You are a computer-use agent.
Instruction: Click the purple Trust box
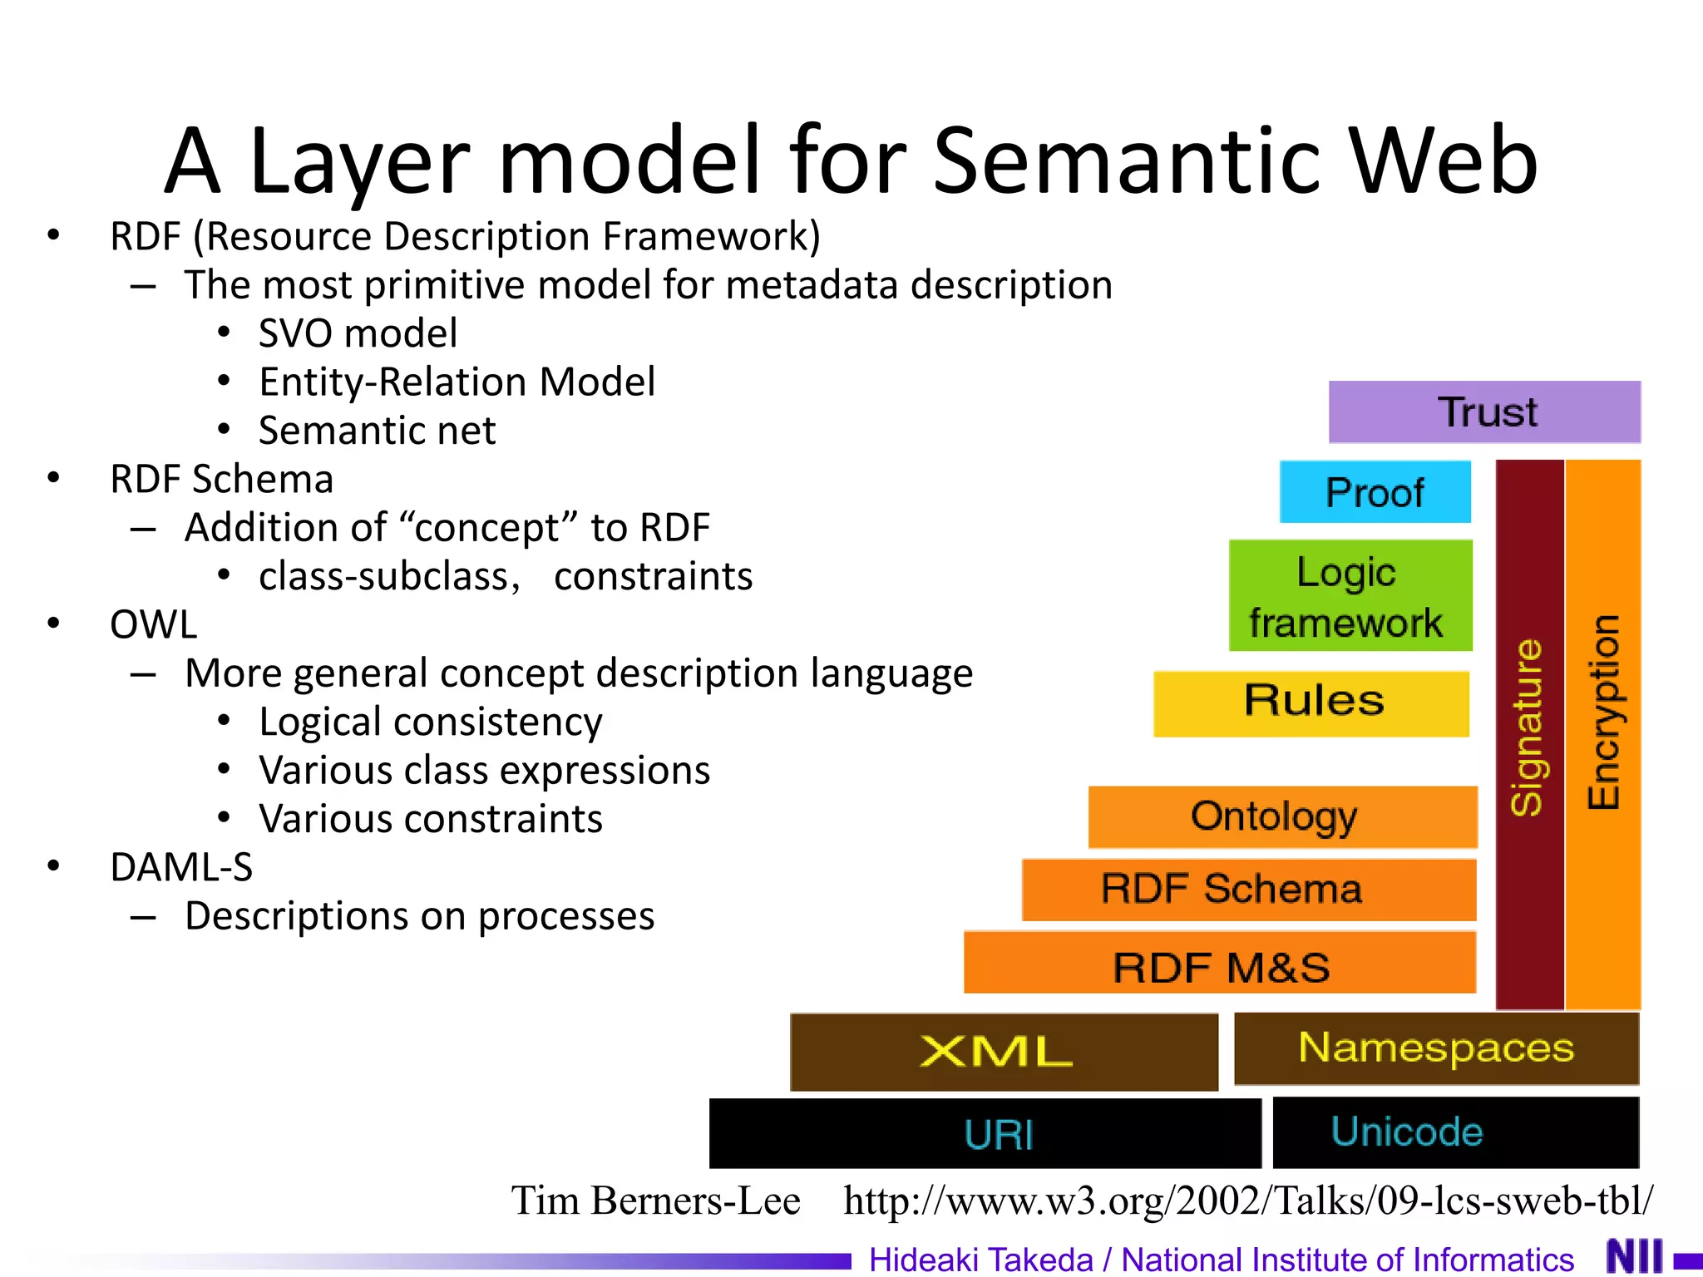(x=1484, y=412)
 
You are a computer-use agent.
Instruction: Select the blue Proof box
(x=1375, y=492)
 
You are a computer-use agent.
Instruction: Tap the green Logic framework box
(x=1350, y=596)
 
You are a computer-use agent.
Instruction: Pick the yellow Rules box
(x=1311, y=703)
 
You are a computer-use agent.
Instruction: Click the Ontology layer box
(x=1282, y=816)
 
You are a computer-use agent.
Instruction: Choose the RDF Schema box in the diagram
(x=1249, y=890)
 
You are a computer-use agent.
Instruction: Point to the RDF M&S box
(x=1220, y=963)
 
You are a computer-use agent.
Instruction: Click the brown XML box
(x=1004, y=1052)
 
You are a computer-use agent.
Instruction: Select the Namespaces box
(x=1436, y=1048)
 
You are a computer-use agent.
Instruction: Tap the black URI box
(x=985, y=1134)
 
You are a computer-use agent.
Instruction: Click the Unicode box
(x=1455, y=1132)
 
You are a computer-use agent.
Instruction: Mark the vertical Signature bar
(x=1529, y=732)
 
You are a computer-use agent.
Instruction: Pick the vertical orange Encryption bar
(x=1603, y=732)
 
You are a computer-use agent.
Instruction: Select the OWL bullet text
(x=154, y=624)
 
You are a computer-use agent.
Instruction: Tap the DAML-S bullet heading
(x=181, y=867)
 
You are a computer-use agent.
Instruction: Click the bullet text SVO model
(x=358, y=333)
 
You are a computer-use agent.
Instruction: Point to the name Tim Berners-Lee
(x=655, y=1201)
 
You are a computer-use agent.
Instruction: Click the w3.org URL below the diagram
(x=1247, y=1201)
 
